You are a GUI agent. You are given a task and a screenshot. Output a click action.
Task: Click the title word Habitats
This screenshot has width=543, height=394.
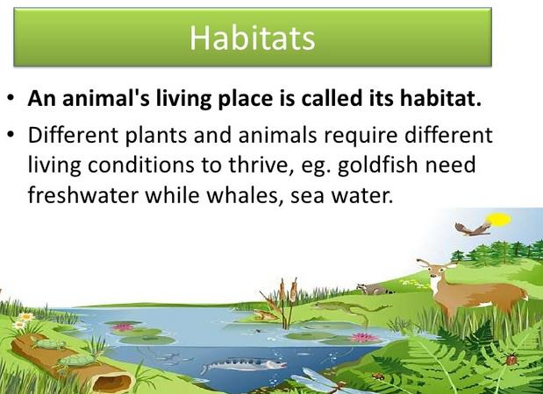(x=252, y=38)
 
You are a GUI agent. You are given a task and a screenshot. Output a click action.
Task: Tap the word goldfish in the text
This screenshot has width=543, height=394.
(x=378, y=165)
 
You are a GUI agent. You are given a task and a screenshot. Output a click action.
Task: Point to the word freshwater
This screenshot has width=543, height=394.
(x=83, y=195)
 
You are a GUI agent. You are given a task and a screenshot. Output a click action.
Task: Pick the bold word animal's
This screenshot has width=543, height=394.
(x=106, y=98)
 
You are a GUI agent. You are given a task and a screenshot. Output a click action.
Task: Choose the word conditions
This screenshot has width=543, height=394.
(x=141, y=165)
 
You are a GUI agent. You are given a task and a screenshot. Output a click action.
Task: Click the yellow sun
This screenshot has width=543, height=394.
(x=498, y=220)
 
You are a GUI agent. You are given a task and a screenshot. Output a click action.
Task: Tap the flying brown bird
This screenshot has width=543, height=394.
(x=473, y=229)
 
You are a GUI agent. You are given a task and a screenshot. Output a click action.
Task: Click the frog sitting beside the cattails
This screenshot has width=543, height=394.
(x=265, y=315)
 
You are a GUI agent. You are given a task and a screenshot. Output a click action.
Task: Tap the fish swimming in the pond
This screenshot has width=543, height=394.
(x=244, y=364)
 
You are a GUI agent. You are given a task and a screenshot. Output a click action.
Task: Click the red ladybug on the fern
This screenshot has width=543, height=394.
(x=511, y=360)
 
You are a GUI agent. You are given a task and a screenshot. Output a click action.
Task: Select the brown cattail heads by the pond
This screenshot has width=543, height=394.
(x=288, y=291)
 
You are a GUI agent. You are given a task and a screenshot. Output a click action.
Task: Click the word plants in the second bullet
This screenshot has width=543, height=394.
(x=155, y=135)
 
